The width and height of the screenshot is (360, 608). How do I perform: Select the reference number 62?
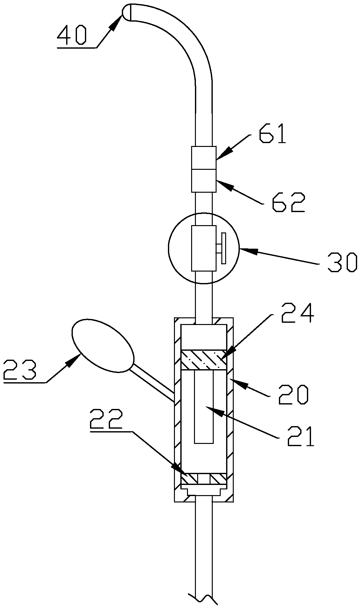[x=288, y=202]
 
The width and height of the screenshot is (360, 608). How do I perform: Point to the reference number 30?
[x=342, y=262]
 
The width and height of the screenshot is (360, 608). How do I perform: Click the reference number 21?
[x=301, y=436]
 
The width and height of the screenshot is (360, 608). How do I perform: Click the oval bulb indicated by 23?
[x=103, y=345]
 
